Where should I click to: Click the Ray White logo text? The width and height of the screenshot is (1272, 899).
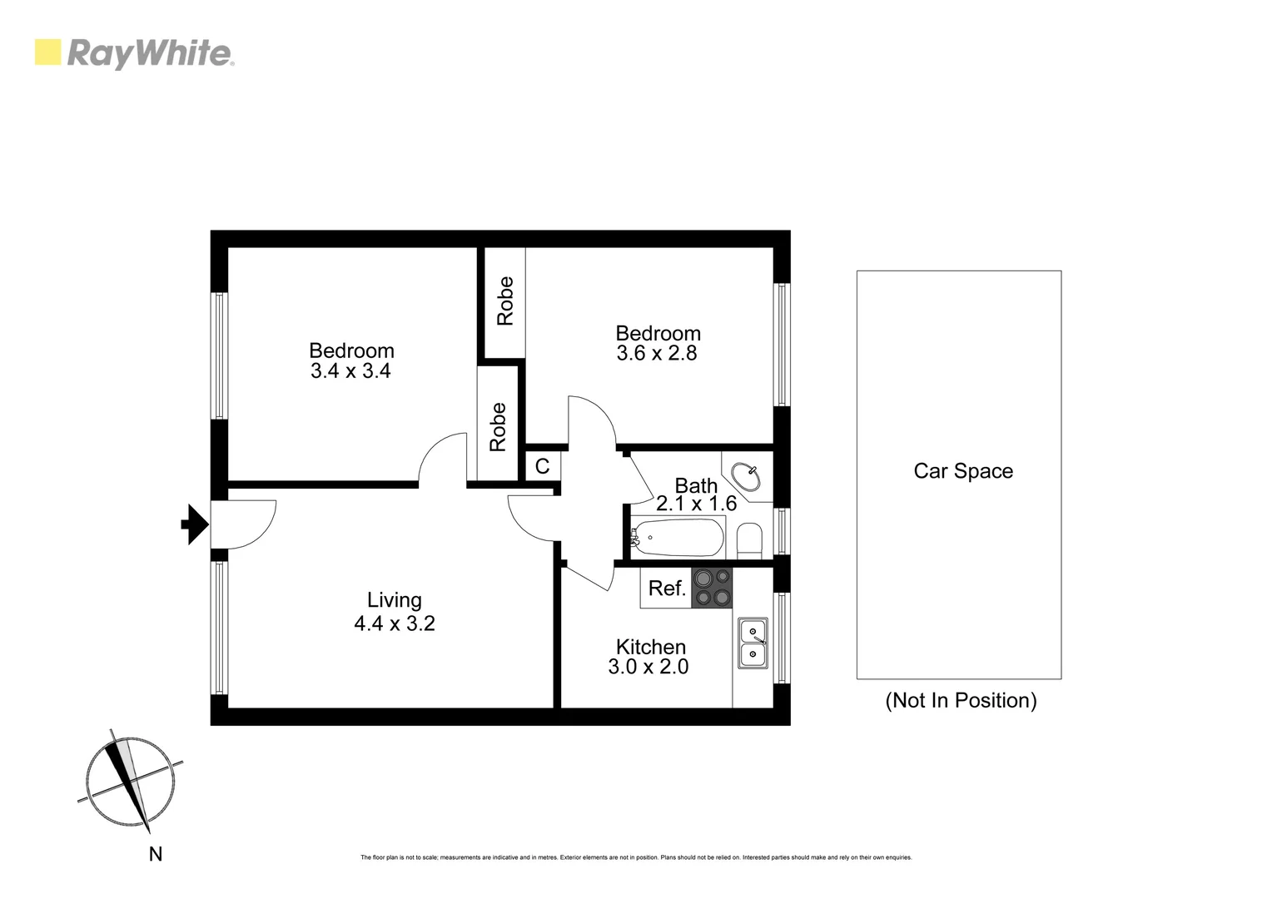(150, 54)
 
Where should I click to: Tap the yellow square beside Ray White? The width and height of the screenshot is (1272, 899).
(47, 52)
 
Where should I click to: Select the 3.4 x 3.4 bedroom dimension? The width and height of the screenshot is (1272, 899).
(350, 371)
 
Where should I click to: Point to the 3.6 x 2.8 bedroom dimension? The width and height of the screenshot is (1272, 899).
(657, 353)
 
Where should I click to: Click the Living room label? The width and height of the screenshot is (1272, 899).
(394, 600)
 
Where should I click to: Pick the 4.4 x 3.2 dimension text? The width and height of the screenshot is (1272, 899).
(394, 623)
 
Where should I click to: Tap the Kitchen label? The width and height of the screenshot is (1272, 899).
(650, 647)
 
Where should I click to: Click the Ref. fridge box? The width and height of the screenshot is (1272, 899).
(667, 589)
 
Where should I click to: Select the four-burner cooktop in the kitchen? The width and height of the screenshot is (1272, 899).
(712, 588)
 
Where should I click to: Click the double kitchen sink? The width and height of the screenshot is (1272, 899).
(753, 643)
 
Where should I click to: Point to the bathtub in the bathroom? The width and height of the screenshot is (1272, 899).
(677, 539)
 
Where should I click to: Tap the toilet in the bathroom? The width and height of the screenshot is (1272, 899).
(749, 540)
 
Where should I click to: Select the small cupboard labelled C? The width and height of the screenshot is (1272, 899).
(543, 466)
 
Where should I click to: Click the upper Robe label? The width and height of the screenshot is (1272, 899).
(504, 301)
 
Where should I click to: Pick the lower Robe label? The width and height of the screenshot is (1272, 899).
(498, 427)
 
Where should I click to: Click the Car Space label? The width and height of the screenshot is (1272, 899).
(963, 471)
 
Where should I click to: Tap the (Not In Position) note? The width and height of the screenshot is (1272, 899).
(961, 700)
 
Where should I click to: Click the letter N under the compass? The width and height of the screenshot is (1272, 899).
(155, 854)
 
